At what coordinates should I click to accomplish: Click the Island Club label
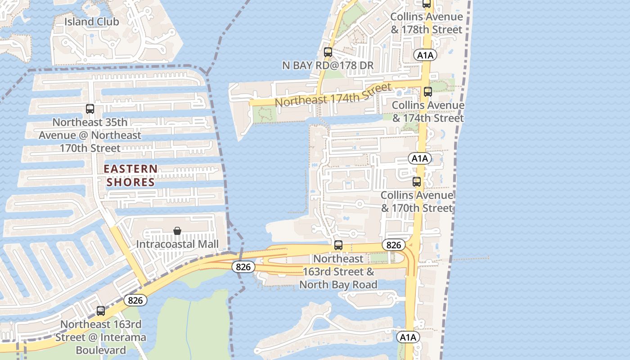(91, 22)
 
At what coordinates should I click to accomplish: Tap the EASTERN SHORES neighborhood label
(130, 175)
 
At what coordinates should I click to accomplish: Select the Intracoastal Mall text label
(177, 244)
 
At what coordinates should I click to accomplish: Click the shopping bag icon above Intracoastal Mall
(177, 231)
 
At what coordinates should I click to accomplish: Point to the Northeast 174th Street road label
(333, 95)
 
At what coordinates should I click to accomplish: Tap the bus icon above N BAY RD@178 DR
(328, 52)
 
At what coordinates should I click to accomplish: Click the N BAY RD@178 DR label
(328, 65)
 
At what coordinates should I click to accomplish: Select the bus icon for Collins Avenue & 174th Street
(427, 92)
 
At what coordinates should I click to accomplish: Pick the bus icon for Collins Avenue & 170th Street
(417, 182)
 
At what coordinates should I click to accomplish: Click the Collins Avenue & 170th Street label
(417, 202)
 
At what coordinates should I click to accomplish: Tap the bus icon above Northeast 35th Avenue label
(90, 108)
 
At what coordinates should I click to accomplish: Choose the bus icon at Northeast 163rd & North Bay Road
(338, 245)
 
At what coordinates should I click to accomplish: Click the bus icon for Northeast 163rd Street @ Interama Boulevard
(101, 310)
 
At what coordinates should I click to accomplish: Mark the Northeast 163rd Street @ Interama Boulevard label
(101, 337)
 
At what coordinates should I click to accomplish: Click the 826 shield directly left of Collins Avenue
(394, 245)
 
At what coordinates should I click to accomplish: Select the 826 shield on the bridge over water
(243, 267)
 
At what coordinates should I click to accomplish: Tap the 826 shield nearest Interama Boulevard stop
(135, 300)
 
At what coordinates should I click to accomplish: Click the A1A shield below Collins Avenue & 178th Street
(425, 55)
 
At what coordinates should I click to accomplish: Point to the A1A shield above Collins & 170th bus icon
(419, 158)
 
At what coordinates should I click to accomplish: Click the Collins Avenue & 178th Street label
(427, 23)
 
